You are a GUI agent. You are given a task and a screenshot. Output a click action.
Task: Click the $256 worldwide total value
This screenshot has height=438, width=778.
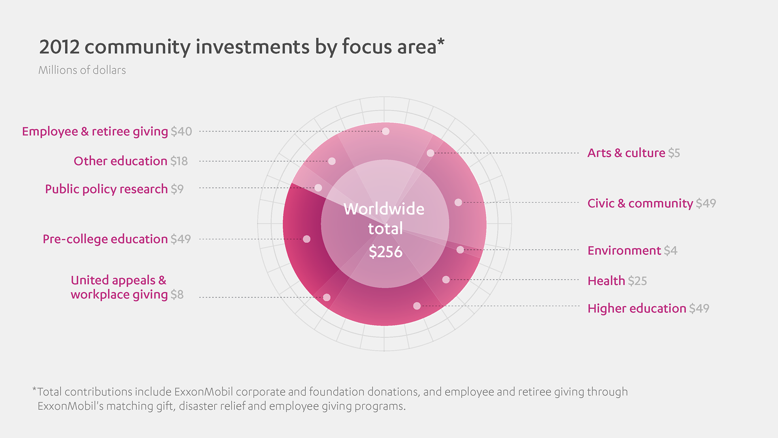pyautogui.click(x=385, y=252)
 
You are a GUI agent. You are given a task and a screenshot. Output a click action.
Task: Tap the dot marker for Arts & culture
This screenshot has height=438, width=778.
pyautogui.click(x=430, y=153)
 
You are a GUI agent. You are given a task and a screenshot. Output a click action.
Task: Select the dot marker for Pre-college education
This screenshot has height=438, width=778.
pyautogui.click(x=307, y=239)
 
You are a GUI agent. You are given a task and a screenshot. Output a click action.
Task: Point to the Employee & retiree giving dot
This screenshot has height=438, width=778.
pyautogui.click(x=386, y=131)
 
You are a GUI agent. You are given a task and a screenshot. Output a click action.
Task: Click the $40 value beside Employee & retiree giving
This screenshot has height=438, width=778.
pyautogui.click(x=181, y=131)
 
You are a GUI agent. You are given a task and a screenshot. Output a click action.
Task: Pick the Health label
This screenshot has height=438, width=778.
pyautogui.click(x=606, y=281)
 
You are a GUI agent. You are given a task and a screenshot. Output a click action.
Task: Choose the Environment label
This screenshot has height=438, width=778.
pyautogui.click(x=624, y=251)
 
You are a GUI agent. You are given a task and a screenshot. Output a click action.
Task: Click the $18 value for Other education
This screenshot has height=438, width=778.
pyautogui.click(x=179, y=161)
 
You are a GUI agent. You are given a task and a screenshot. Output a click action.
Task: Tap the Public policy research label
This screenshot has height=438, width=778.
pyautogui.click(x=106, y=189)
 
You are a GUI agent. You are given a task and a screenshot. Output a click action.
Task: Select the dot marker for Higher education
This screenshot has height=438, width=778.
pyautogui.click(x=417, y=306)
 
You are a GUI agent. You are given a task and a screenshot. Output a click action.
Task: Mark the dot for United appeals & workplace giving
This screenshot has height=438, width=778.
pyautogui.click(x=327, y=297)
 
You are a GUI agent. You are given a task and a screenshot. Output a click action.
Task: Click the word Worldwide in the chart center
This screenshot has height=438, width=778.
pyautogui.click(x=384, y=209)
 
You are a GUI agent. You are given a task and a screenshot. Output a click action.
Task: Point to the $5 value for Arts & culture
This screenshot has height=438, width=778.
pyautogui.click(x=674, y=153)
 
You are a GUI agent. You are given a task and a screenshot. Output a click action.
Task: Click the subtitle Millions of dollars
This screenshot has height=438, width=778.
pyautogui.click(x=82, y=70)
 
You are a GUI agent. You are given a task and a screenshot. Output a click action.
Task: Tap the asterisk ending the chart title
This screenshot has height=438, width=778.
pyautogui.click(x=441, y=42)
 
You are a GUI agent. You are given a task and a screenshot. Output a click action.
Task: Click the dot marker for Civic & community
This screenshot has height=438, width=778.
pyautogui.click(x=458, y=202)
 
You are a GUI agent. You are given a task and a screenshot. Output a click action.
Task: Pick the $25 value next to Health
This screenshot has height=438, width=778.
pyautogui.click(x=637, y=281)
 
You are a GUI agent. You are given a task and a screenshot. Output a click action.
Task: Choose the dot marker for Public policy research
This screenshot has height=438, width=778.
pyautogui.click(x=318, y=188)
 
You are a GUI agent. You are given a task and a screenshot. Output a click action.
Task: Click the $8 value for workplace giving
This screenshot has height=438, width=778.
pyautogui.click(x=177, y=294)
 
